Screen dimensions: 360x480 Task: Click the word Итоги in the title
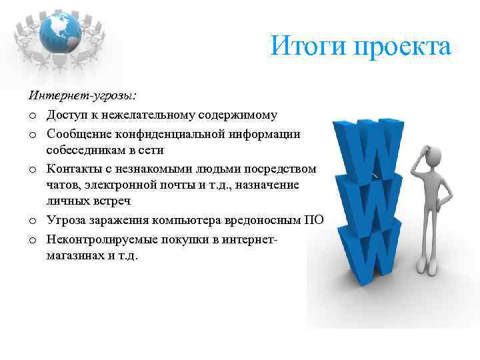pos(303,47)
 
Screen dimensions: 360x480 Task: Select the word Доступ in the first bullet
pos(66,115)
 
